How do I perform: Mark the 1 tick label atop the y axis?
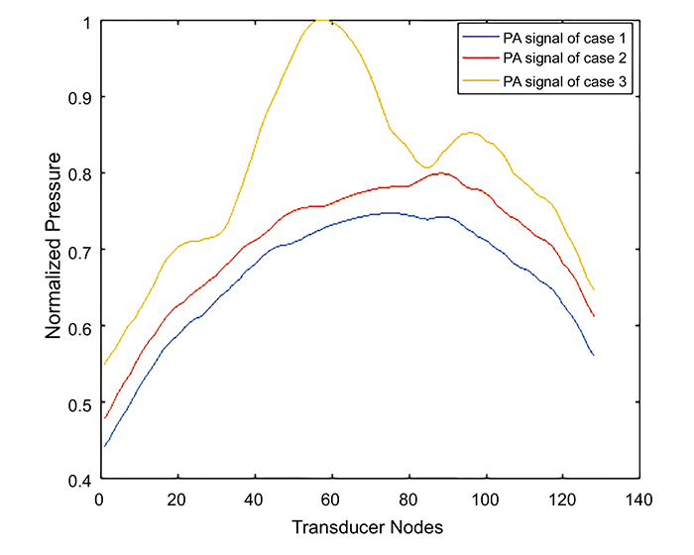pos(82,21)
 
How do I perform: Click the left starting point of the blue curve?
pos(104,446)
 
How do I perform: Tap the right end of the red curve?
pos(593,316)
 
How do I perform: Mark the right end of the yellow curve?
pos(593,289)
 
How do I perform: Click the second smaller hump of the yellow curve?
pos(470,133)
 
